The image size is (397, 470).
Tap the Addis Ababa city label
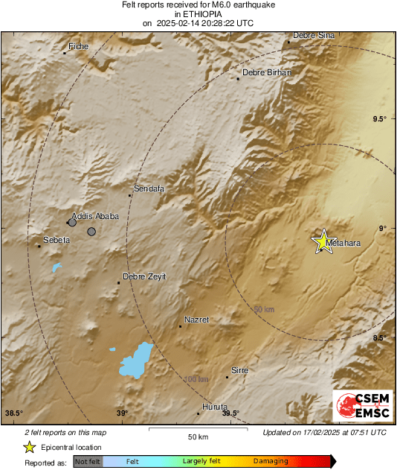pos(95,216)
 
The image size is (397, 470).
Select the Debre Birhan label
pos(267,72)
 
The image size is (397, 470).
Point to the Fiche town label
pos(79,46)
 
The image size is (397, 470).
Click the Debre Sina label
pos(314,35)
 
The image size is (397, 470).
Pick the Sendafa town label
pos(149,189)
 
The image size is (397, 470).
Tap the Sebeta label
pos(57,240)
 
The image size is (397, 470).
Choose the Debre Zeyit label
pos(144,276)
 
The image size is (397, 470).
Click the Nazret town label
pos(196,320)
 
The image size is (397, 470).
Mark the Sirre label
pos(240,370)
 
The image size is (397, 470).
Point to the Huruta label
pos(215,407)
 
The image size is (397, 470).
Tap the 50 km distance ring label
pos(264,308)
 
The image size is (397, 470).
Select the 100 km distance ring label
pos(196,379)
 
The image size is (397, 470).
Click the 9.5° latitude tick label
pos(380,119)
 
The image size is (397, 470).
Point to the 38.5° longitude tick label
pos(14,413)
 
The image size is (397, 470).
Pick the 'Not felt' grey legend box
pos(88,462)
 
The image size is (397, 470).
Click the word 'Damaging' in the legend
pos(271,462)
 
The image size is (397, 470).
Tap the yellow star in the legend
pos(29,447)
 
